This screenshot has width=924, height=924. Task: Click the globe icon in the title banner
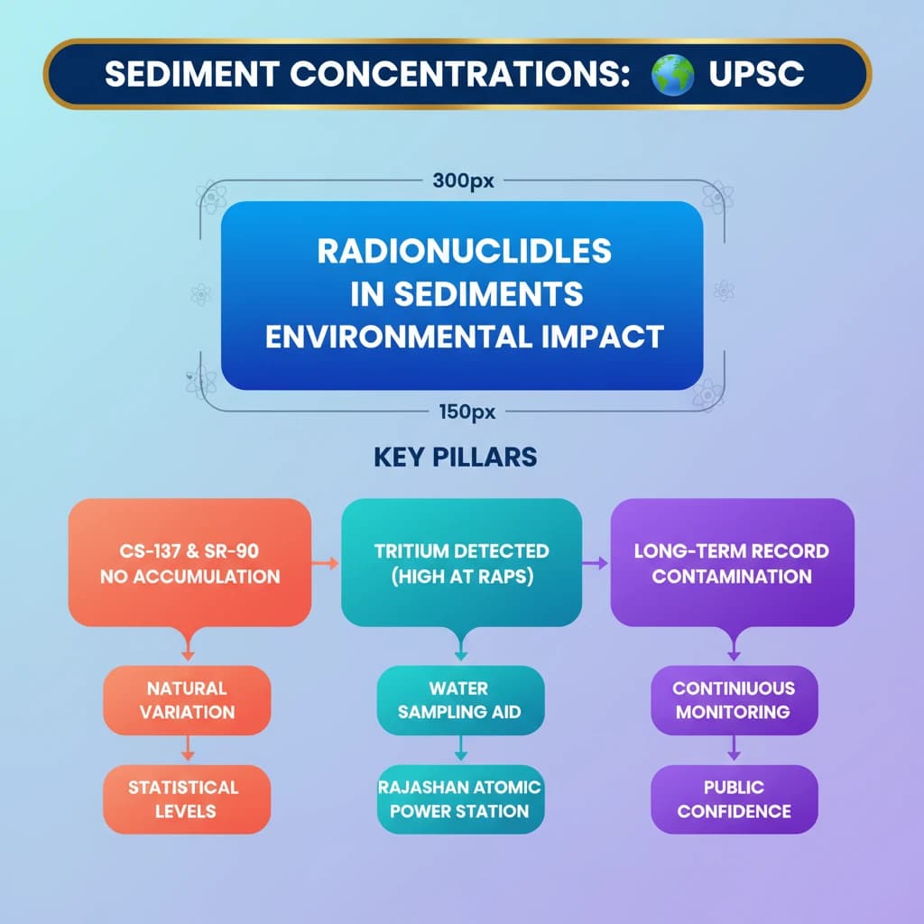(x=672, y=74)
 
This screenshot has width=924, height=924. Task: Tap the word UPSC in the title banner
(x=756, y=74)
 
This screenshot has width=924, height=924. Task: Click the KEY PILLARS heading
(x=455, y=457)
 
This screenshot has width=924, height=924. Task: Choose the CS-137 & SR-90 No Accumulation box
(x=189, y=562)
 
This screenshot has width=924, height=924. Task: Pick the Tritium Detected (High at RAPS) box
(x=461, y=562)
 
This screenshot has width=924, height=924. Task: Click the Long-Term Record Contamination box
(x=732, y=562)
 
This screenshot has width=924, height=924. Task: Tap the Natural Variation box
(x=188, y=699)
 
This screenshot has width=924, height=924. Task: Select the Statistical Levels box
(x=187, y=799)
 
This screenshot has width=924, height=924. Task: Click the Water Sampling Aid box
(x=460, y=699)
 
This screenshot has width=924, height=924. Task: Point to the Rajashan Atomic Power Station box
(x=460, y=799)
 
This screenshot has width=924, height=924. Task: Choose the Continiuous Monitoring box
(x=734, y=699)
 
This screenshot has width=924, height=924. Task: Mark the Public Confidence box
(x=734, y=799)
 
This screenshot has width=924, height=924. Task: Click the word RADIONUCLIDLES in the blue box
(x=464, y=251)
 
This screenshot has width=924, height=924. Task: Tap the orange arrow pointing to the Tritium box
(x=326, y=563)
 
